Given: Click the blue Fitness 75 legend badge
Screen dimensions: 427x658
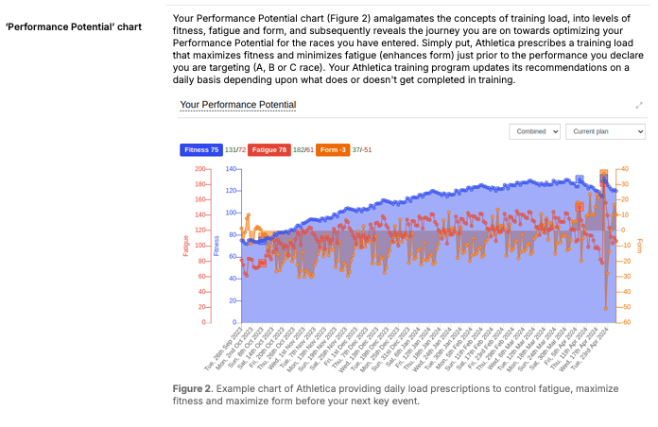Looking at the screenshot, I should [200, 149].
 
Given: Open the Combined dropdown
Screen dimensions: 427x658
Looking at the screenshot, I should [535, 131].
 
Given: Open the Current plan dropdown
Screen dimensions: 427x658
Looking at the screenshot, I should [604, 131].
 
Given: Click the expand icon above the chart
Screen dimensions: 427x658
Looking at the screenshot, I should [639, 105].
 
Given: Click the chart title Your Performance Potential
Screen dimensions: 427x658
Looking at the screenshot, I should [237, 105].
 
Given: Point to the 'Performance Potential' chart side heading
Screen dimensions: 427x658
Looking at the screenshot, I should [74, 26].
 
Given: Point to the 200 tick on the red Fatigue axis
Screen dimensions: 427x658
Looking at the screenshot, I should [199, 169].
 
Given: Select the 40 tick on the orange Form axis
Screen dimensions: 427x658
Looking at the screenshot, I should [624, 169].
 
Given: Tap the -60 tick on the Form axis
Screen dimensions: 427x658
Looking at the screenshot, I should [624, 322].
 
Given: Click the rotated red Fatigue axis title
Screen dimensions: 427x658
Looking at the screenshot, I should [186, 246].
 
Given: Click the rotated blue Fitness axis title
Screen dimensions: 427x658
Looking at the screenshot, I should [216, 246].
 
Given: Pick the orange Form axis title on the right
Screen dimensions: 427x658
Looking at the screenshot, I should [640, 246].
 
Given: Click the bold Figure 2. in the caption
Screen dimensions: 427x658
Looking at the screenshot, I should [196, 388].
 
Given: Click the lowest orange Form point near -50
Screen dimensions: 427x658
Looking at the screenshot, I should [606, 308].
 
